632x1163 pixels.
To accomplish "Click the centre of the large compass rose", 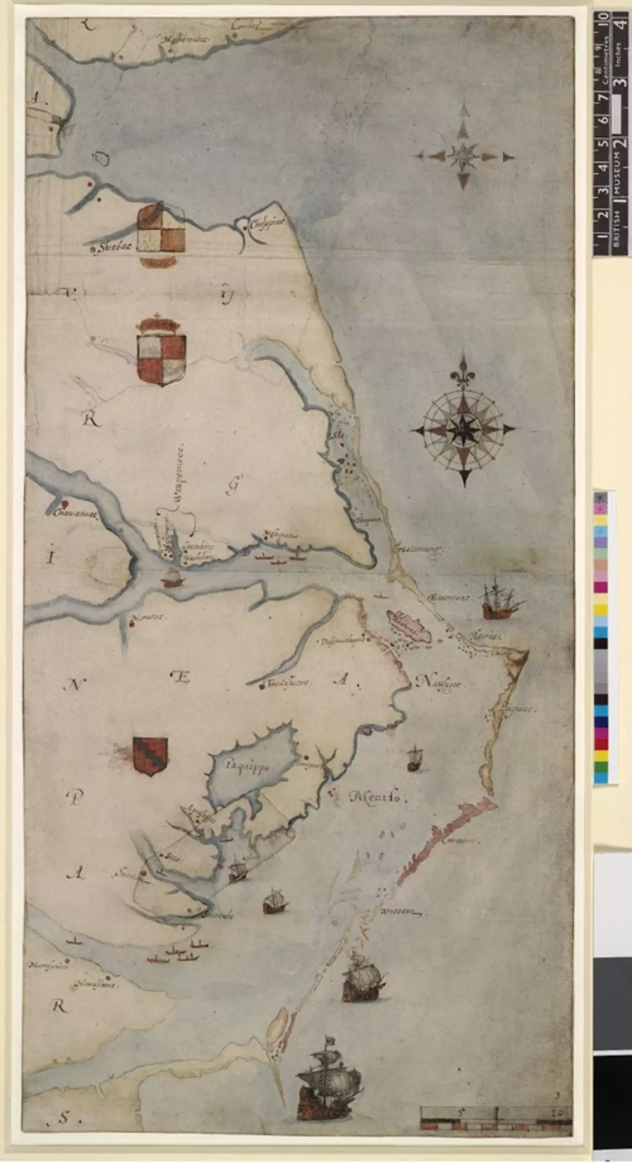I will pyautogui.click(x=464, y=428).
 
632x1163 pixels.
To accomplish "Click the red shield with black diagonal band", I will pyautogui.click(x=151, y=756).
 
